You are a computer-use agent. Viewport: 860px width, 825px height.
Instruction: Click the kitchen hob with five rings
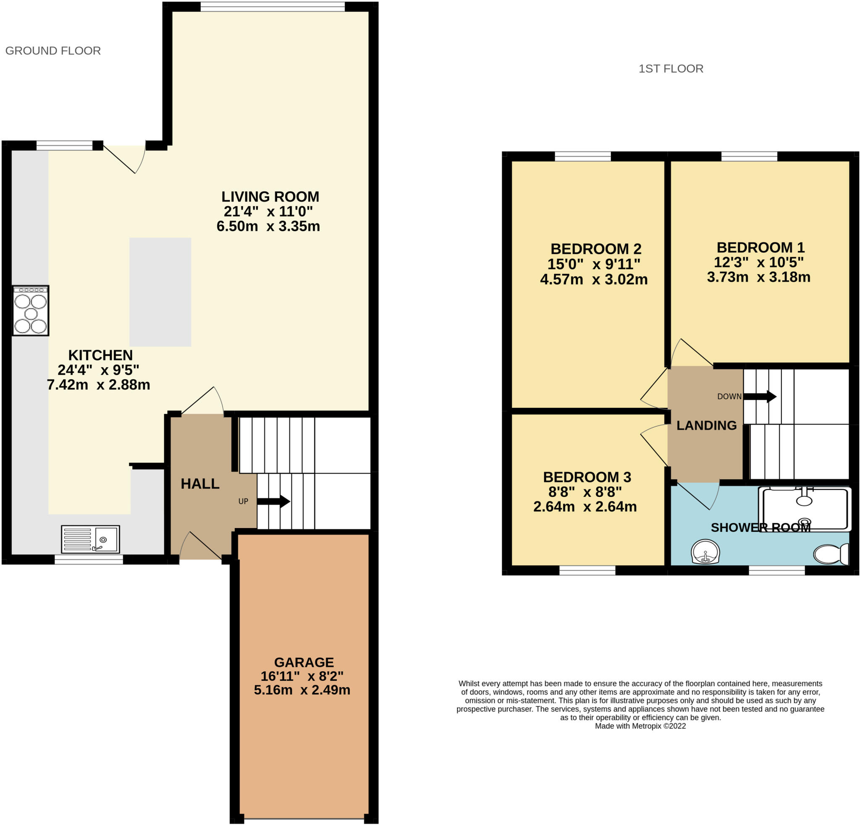tap(30, 311)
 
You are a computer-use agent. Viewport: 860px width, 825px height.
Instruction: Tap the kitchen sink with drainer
tap(90, 539)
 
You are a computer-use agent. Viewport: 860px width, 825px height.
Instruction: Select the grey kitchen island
tap(160, 292)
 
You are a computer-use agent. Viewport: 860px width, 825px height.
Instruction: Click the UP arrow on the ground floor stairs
tap(273, 501)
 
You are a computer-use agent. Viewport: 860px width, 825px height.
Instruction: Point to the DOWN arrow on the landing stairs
tap(760, 396)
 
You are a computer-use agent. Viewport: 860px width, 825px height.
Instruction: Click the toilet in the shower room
tap(831, 554)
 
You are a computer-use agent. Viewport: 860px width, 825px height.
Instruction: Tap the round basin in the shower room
tap(705, 552)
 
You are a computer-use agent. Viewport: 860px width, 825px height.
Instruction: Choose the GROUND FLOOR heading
tap(53, 51)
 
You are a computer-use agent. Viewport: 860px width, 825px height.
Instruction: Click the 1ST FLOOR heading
tap(671, 69)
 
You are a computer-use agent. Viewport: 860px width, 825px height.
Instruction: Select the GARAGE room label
tap(304, 662)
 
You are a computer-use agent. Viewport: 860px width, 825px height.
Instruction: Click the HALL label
tap(200, 483)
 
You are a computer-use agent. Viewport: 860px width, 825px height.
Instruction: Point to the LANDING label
tap(706, 425)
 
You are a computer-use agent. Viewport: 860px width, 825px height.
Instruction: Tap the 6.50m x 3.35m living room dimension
tap(268, 226)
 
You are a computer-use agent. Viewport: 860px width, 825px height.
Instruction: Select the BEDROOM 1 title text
tap(760, 247)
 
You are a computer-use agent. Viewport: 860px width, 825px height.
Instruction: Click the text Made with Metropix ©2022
tap(640, 726)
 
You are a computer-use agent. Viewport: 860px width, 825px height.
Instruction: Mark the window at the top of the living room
tap(273, 7)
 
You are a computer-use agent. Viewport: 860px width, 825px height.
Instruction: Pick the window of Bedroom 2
tap(583, 156)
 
